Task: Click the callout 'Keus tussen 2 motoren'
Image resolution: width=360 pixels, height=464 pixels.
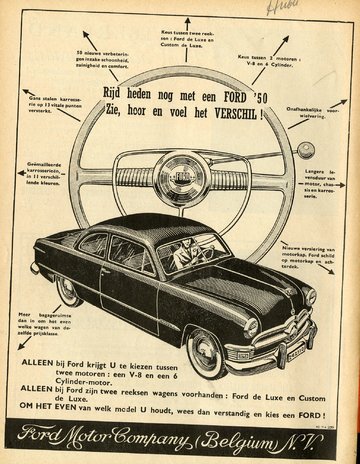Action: pos(270,63)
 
